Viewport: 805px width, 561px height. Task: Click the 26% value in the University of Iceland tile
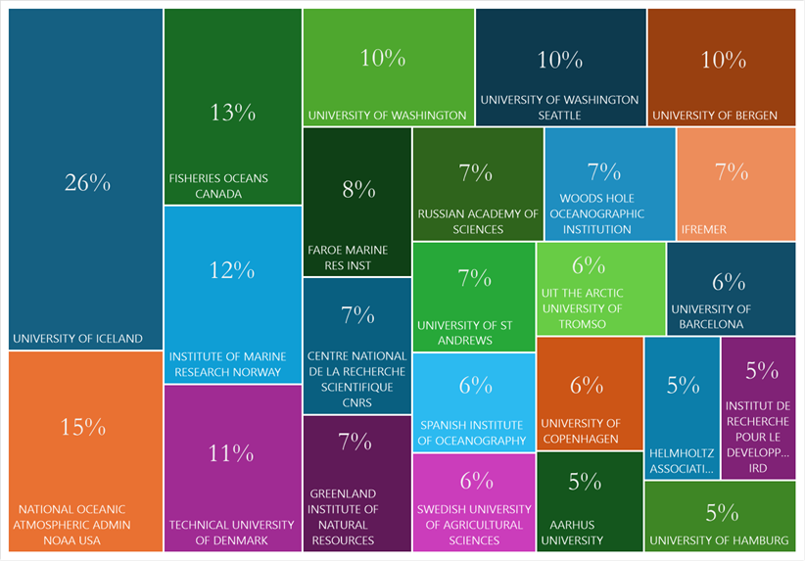(87, 182)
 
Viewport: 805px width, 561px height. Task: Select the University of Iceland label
(77, 339)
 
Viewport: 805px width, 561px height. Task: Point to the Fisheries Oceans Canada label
(218, 186)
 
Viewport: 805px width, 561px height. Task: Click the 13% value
(232, 113)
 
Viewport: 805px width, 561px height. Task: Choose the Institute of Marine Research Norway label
(225, 364)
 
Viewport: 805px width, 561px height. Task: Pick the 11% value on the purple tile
(232, 453)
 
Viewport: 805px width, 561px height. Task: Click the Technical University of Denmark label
(231, 532)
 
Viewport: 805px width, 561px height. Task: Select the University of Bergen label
(715, 116)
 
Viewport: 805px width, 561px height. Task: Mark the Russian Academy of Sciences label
(478, 221)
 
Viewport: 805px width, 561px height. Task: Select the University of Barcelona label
(711, 316)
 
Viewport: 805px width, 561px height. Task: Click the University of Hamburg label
(719, 540)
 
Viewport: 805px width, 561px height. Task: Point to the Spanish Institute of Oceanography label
(473, 433)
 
